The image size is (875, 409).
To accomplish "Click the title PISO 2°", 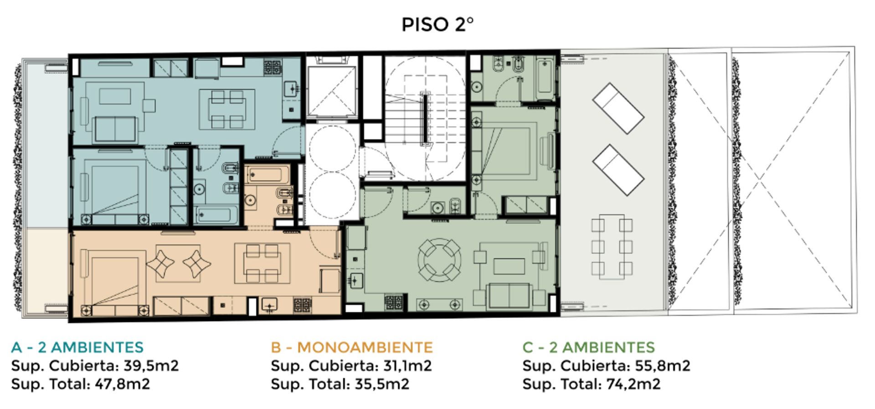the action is click(437, 24).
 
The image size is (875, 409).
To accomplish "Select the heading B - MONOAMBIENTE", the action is click(351, 347).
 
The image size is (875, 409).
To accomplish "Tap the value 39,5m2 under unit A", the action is click(151, 366).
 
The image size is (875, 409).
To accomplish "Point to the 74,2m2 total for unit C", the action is click(633, 384).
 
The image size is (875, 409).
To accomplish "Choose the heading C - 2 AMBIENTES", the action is click(588, 347).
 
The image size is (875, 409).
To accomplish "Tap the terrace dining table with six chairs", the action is click(612, 246).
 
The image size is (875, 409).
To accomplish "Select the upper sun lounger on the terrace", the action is click(618, 108).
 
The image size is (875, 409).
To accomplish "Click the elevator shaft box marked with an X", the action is click(331, 91).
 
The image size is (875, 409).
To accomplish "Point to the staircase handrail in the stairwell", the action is click(425, 118).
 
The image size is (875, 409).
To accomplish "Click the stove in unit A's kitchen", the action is click(273, 67).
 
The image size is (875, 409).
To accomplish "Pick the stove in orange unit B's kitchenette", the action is click(302, 305).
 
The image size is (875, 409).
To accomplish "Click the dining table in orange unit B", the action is click(262, 264).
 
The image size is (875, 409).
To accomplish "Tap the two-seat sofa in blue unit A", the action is click(115, 129).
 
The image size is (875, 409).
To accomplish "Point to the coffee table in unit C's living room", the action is click(509, 266).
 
